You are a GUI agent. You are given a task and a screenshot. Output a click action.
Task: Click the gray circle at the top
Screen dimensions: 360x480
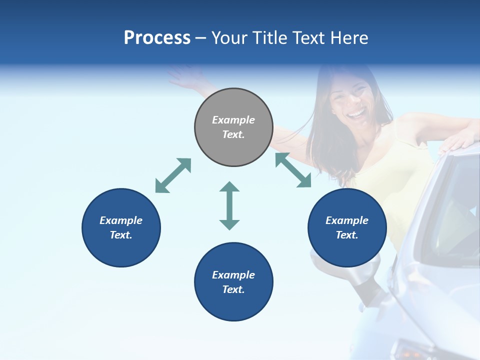click(x=233, y=127)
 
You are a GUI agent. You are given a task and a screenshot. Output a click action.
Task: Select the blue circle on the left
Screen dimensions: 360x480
click(x=121, y=227)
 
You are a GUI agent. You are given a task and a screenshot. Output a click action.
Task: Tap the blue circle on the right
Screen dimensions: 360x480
click(x=347, y=227)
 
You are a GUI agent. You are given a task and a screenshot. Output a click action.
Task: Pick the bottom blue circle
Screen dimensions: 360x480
click(x=233, y=282)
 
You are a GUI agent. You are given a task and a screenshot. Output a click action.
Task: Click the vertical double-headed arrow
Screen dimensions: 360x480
click(x=229, y=205)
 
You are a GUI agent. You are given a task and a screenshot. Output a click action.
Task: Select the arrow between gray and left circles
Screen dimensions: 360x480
click(x=173, y=175)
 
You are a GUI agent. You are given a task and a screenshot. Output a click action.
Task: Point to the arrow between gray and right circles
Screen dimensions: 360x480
click(x=293, y=170)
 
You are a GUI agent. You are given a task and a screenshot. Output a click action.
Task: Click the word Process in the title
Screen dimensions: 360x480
click(x=157, y=38)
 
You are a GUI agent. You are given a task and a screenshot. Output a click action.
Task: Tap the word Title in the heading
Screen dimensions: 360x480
click(x=270, y=38)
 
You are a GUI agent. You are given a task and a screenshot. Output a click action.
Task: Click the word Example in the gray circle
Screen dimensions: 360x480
click(x=233, y=120)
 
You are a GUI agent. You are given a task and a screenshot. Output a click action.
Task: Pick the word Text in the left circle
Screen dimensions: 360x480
click(x=120, y=235)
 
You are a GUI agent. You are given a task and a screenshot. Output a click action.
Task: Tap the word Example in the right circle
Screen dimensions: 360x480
click(x=347, y=220)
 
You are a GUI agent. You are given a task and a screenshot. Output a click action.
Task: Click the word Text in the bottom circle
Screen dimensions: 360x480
click(x=233, y=289)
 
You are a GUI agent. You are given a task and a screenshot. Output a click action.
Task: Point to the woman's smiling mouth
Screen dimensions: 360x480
click(x=357, y=114)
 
